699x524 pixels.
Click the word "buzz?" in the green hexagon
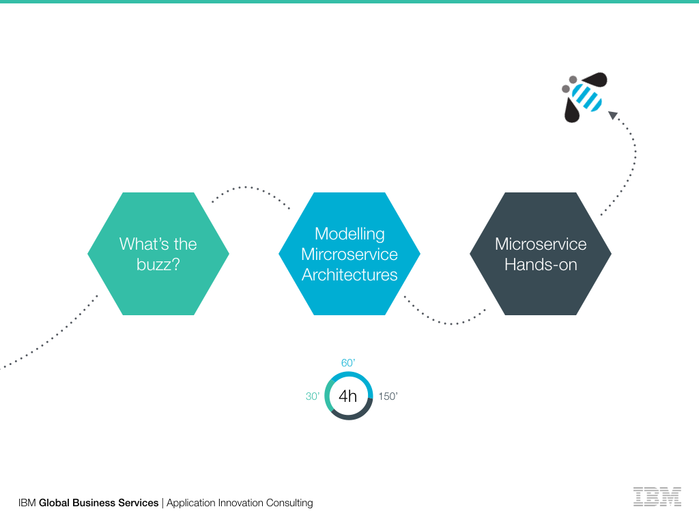[158, 264]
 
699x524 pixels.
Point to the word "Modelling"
[349, 234]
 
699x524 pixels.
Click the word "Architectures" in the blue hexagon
[349, 275]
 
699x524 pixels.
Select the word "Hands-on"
[541, 265]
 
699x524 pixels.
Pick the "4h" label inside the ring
[348, 396]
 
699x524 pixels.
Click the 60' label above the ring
[348, 363]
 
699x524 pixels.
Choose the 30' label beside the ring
[313, 396]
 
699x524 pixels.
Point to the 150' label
[388, 396]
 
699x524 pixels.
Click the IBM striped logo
[657, 496]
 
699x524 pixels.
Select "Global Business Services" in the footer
[98, 503]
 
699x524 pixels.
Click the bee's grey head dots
[569, 84]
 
